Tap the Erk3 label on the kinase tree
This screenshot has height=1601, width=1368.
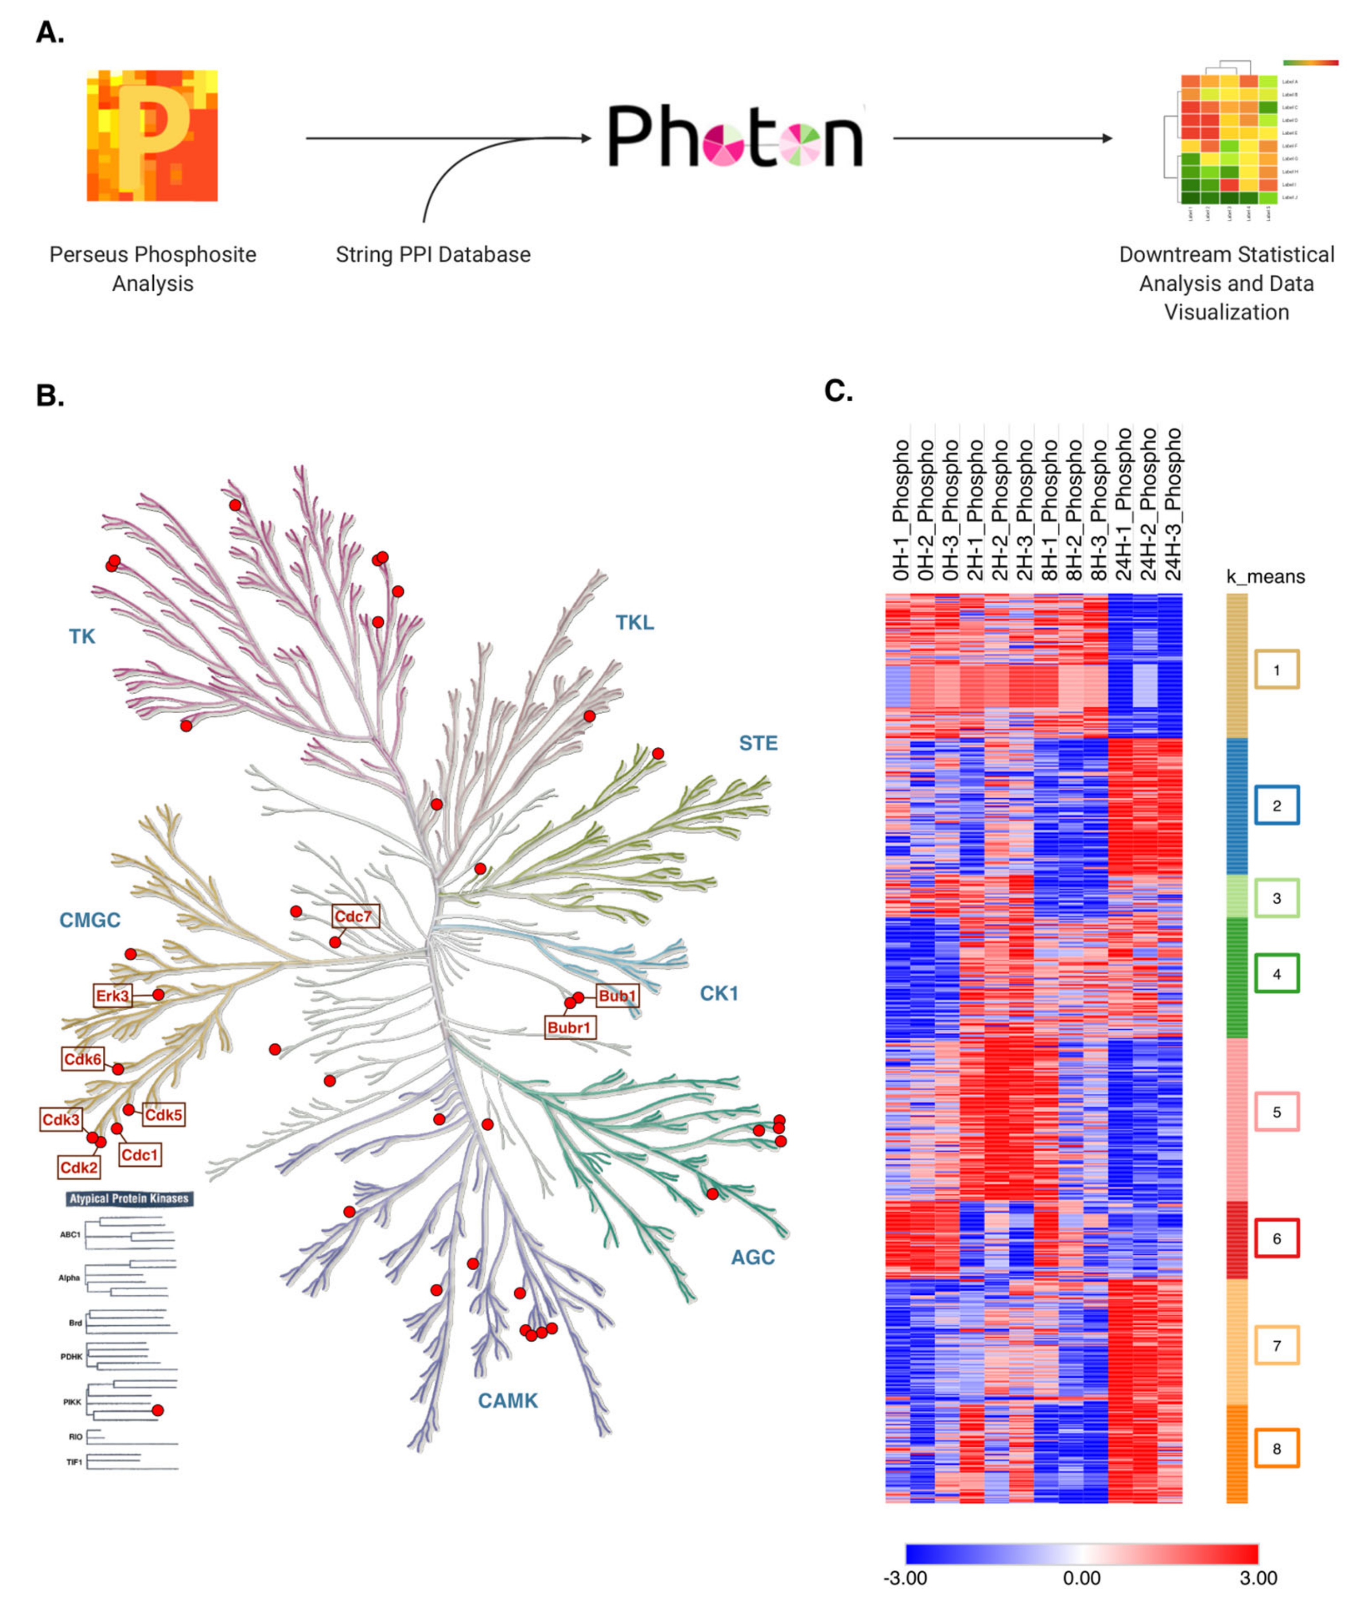(113, 995)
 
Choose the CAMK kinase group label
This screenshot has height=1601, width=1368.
(508, 1400)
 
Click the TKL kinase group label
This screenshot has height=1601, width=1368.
(634, 622)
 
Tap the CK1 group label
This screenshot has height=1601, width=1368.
(719, 993)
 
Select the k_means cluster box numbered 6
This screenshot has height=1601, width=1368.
(1276, 1238)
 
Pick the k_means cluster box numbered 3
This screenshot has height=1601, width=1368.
(1276, 898)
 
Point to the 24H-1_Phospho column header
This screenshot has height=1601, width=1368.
(1123, 504)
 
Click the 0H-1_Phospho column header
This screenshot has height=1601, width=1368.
(900, 510)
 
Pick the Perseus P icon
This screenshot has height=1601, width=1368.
(152, 136)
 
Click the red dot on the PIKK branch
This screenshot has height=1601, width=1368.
(158, 1410)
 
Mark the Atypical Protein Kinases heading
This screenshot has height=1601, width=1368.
(129, 1199)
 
